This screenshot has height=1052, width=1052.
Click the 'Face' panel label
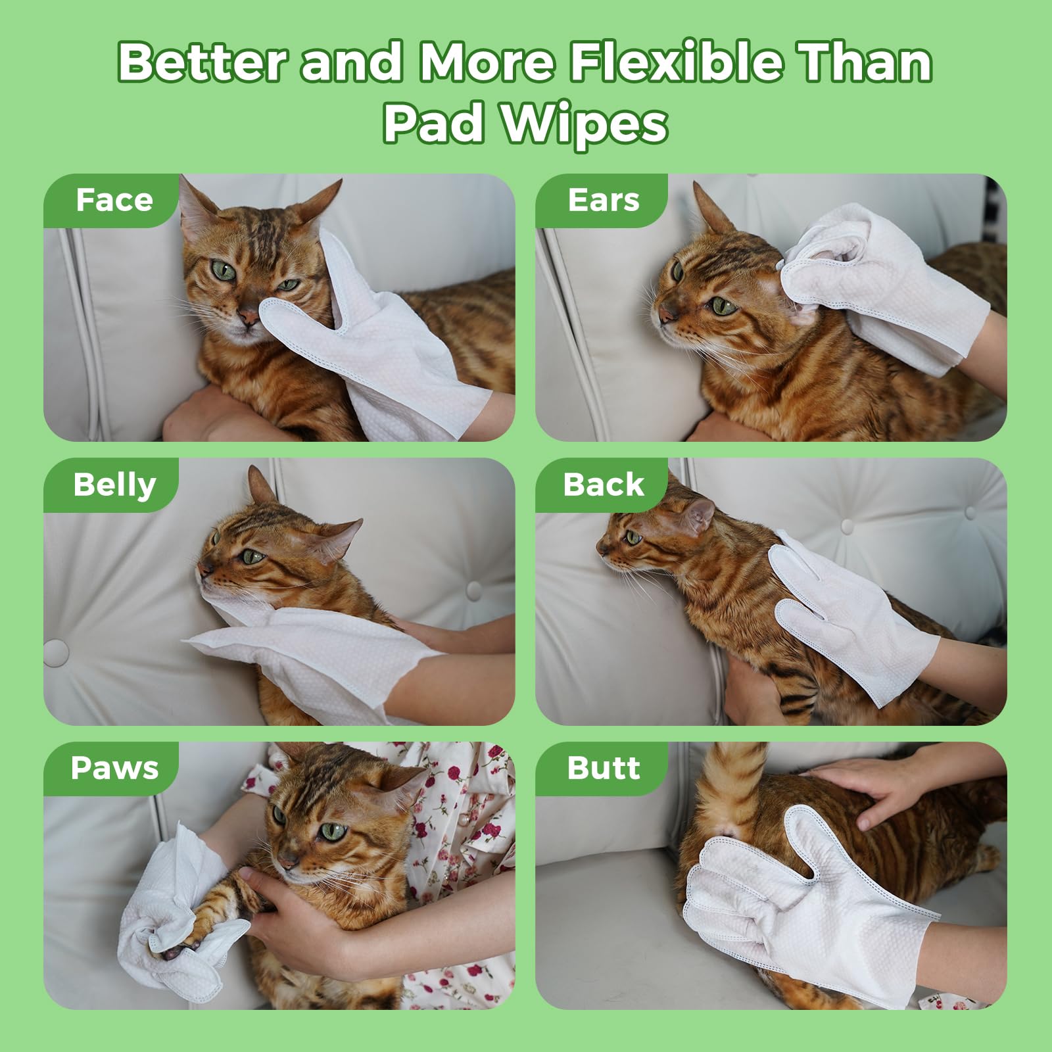pos(114,200)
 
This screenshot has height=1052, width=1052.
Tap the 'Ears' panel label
pos(603,200)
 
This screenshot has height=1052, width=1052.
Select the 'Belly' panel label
pos(114,485)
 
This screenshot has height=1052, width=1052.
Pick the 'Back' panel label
pos(603,485)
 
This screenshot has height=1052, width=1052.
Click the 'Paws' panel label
pos(114,768)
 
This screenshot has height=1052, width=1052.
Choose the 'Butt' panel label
pos(603,768)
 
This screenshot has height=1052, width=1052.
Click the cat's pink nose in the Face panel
pos(249,318)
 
